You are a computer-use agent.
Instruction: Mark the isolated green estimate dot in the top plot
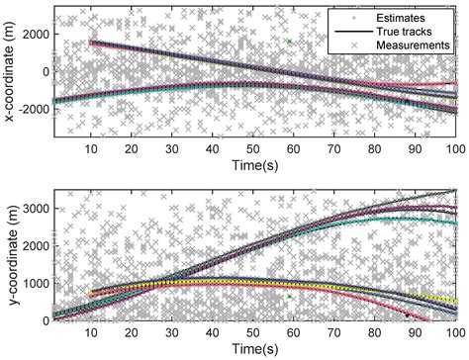coord(289,42)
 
